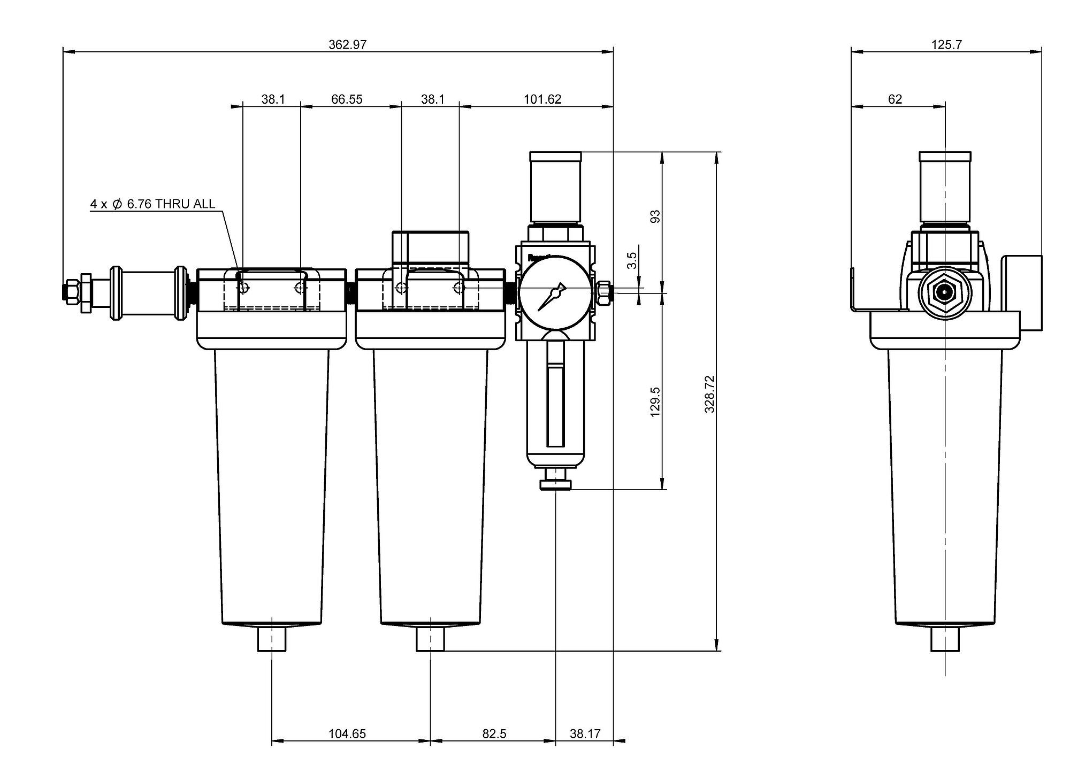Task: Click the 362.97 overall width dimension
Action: tap(347, 44)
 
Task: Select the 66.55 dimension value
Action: tap(347, 99)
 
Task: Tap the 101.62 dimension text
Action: tap(542, 99)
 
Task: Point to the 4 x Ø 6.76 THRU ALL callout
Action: tap(152, 204)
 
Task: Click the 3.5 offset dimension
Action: tap(632, 260)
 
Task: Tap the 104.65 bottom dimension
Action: tap(347, 734)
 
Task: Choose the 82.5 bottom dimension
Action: tap(494, 734)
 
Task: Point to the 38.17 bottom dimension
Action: tap(585, 734)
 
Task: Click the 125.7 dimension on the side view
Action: tap(946, 44)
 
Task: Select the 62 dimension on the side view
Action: tap(895, 99)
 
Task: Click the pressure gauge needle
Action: tap(552, 295)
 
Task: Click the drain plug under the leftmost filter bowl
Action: tap(272, 639)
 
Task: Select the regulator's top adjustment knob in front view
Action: tap(555, 187)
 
